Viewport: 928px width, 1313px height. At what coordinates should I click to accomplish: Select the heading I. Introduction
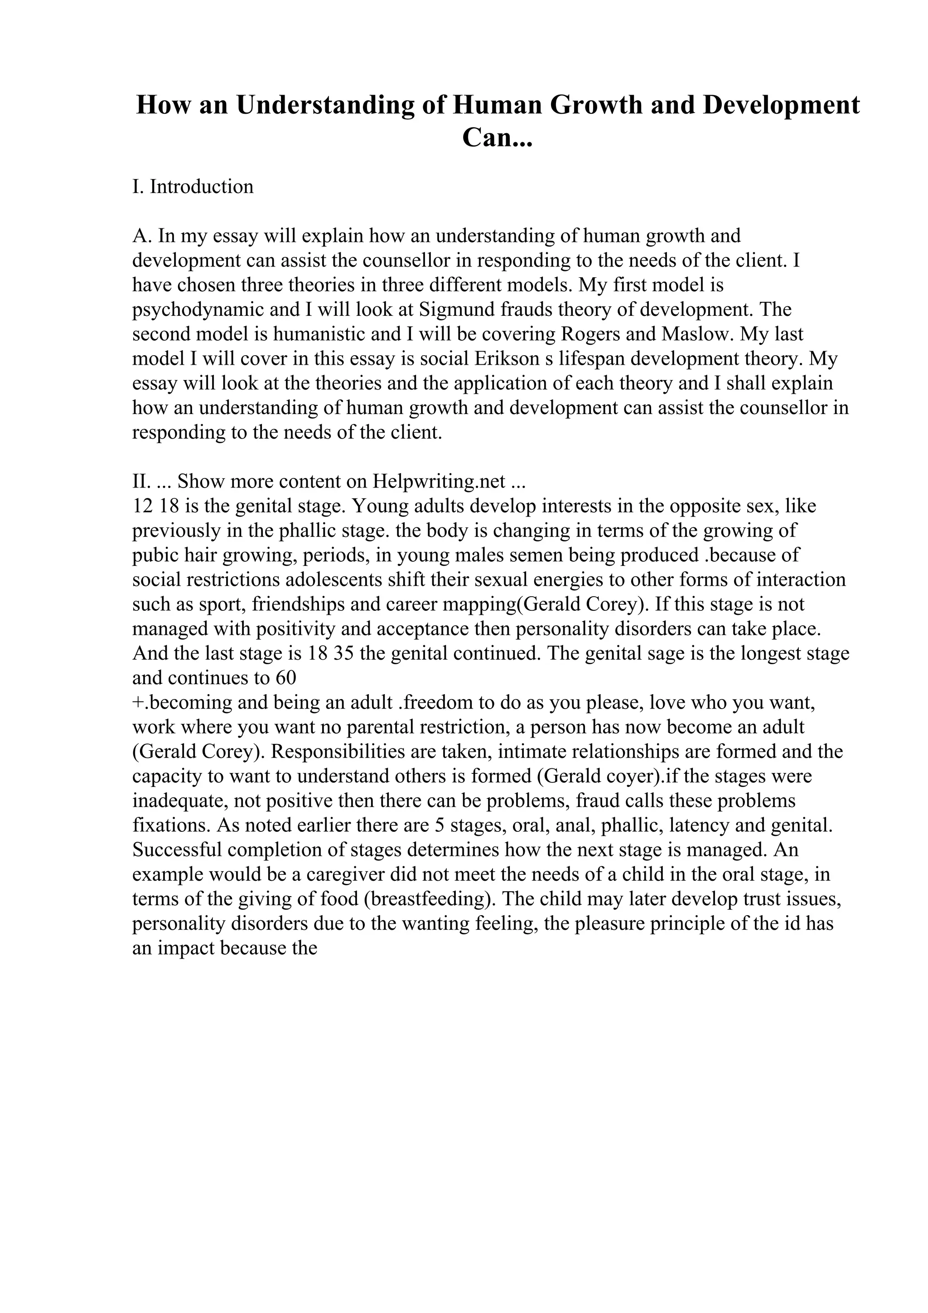(193, 187)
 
